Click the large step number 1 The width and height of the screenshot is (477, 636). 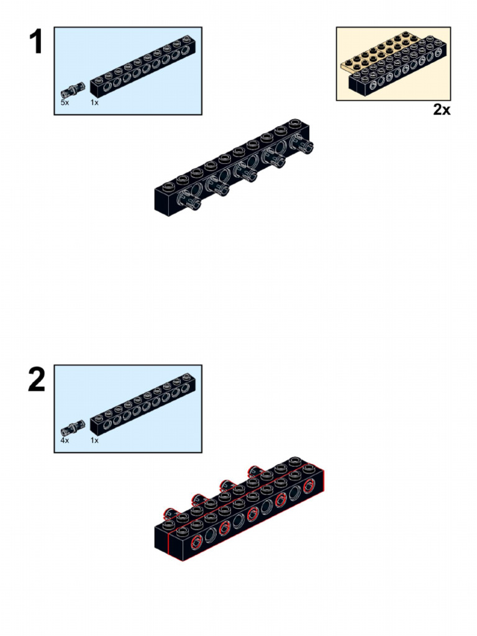click(x=36, y=42)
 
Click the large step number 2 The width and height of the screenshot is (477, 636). click(x=37, y=380)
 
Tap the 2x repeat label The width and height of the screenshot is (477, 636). click(x=442, y=110)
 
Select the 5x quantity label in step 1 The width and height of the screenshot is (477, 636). click(x=65, y=102)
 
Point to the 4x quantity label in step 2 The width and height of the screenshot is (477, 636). click(x=65, y=440)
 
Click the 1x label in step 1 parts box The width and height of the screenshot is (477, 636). click(x=94, y=102)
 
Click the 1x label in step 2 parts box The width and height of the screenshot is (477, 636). click(x=94, y=440)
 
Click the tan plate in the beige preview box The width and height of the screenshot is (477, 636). click(x=373, y=56)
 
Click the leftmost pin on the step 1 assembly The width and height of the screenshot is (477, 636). click(x=194, y=202)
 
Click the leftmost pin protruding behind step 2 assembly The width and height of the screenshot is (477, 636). click(x=170, y=513)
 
